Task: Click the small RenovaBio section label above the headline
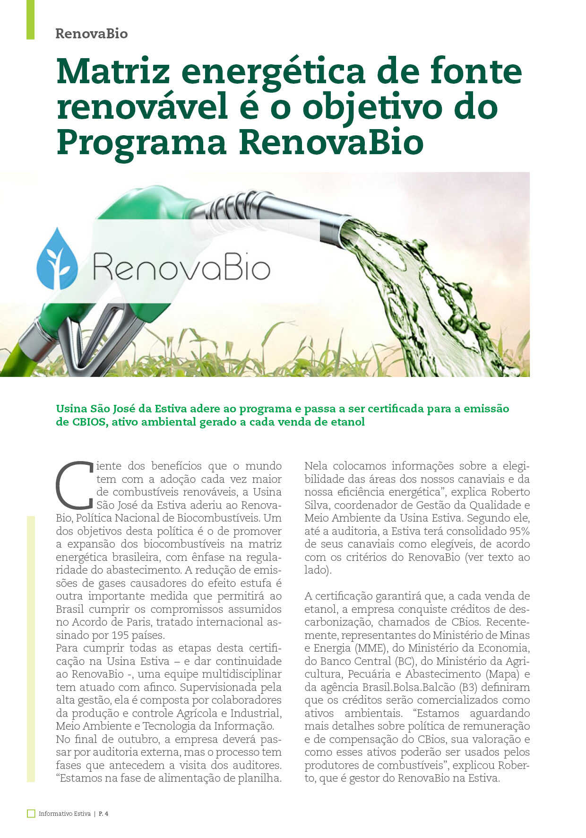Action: coord(91,34)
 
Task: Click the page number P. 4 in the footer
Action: coord(103,814)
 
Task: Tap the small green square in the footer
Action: coord(31,813)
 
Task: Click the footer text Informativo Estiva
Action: coord(65,814)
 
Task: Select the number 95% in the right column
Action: coord(519,531)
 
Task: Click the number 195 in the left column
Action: coord(121,635)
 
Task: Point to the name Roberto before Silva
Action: coord(510,492)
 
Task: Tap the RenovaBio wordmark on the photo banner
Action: coord(181,267)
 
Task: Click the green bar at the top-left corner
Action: coord(30,19)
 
